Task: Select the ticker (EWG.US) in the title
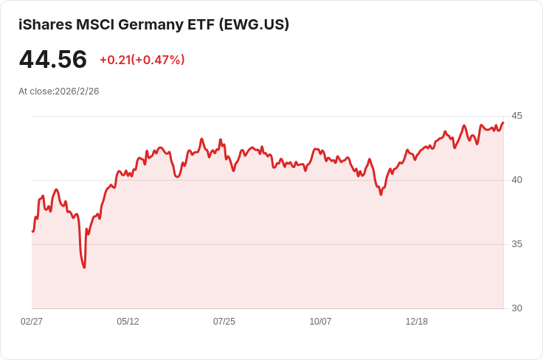click(x=254, y=24)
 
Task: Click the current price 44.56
click(x=52, y=60)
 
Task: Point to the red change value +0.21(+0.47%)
click(x=142, y=60)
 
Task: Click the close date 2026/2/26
click(x=77, y=91)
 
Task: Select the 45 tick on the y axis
click(x=516, y=116)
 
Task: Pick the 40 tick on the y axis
click(x=516, y=180)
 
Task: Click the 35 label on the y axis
click(x=516, y=244)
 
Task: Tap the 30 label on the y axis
click(x=516, y=308)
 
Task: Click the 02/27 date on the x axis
click(x=32, y=322)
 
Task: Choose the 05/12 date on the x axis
click(x=128, y=322)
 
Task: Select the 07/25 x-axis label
click(x=224, y=322)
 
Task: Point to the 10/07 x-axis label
click(x=320, y=322)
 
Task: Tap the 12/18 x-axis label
click(x=417, y=322)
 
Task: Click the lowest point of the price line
click(x=84, y=267)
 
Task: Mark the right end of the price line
click(x=503, y=122)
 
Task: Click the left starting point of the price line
click(x=32, y=232)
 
